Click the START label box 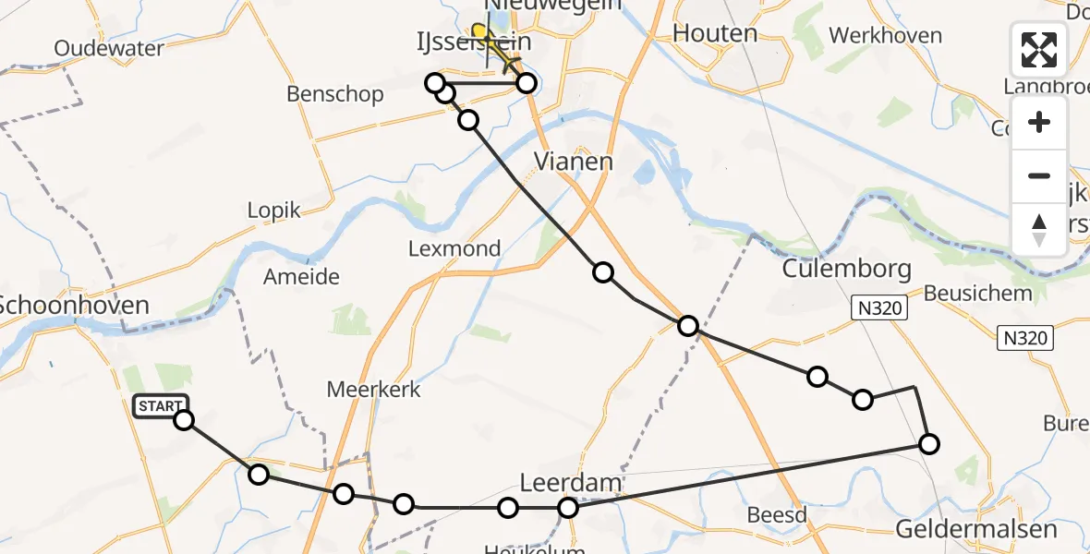161,406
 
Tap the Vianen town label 574,163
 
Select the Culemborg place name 846,270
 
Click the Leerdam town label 570,483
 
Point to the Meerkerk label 373,390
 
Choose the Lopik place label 273,211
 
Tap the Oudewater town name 109,48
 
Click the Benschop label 334,94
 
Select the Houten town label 715,34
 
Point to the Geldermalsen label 976,529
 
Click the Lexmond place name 454,248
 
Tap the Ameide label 301,277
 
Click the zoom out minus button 1039,175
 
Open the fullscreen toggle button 1039,50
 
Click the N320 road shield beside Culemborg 876,308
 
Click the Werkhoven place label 885,36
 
